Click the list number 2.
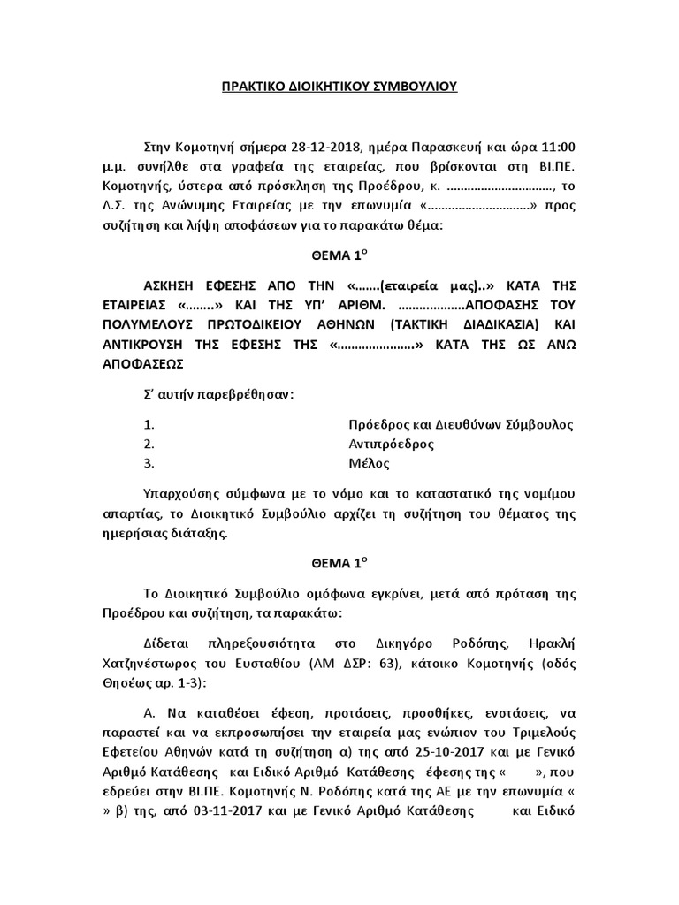click(148, 444)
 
